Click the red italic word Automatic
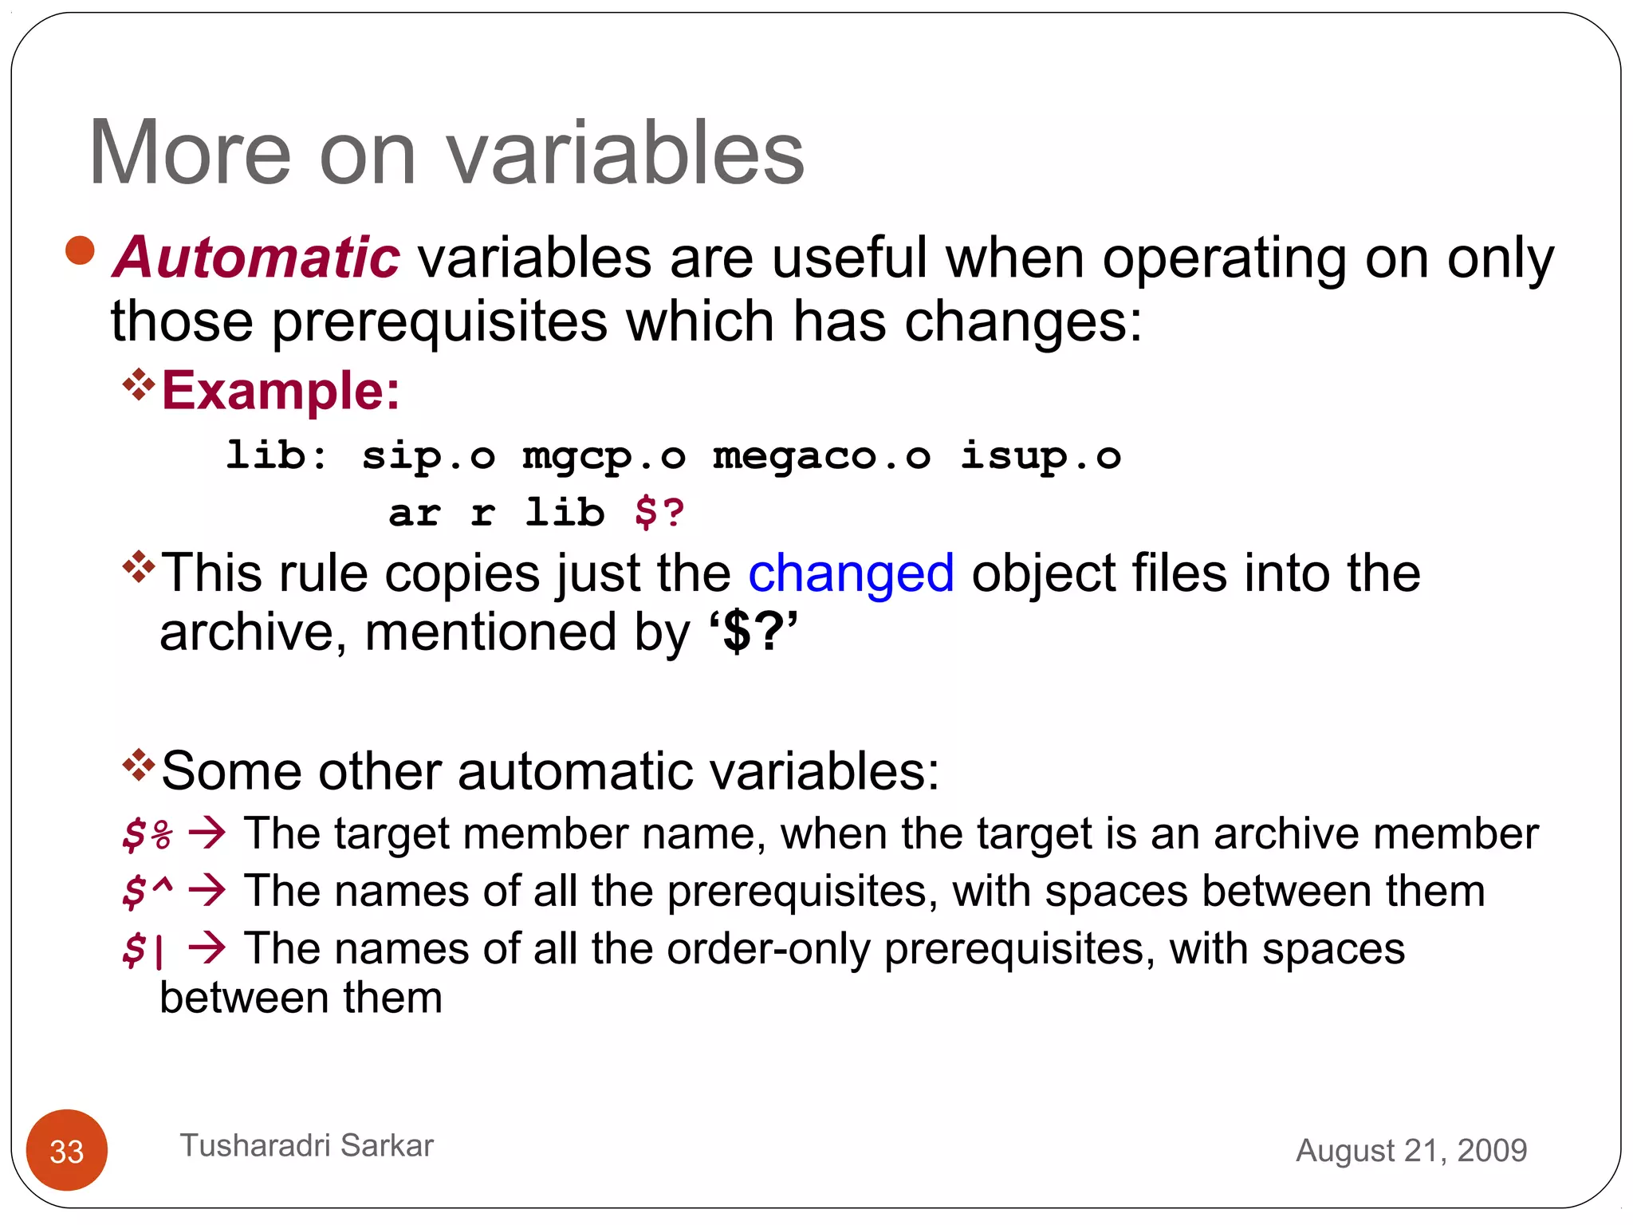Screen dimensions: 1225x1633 click(x=256, y=258)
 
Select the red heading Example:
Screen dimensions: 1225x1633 click(x=281, y=391)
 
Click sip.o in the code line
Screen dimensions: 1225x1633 click(x=428, y=456)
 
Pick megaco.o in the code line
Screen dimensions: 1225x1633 click(x=821, y=456)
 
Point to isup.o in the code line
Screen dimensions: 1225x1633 click(x=1040, y=456)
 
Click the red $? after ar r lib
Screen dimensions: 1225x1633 click(x=659, y=513)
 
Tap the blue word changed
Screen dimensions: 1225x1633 click(x=851, y=573)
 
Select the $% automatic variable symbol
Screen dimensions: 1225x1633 click(x=148, y=835)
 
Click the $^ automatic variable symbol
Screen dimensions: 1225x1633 click(x=148, y=891)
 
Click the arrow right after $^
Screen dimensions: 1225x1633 click(x=207, y=890)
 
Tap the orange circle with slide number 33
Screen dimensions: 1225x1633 click(x=67, y=1150)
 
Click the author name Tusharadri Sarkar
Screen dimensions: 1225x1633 click(x=306, y=1145)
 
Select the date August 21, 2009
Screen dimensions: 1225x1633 click(x=1411, y=1150)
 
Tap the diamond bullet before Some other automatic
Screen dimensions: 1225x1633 click(x=139, y=765)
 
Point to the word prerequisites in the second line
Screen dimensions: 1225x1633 click(x=439, y=322)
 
